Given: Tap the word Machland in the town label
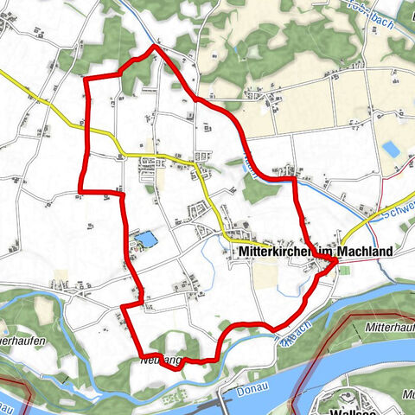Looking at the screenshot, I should [x=366, y=252].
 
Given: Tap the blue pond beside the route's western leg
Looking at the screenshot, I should [x=146, y=238].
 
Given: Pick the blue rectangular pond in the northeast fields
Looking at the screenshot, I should [x=391, y=149].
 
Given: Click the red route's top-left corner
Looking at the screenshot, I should [x=84, y=80].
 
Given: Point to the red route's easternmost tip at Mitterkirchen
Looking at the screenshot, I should [x=335, y=267].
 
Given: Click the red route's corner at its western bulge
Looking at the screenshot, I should [x=80, y=190].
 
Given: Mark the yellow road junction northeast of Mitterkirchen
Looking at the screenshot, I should [x=342, y=243].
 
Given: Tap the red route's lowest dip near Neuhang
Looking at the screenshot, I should [x=176, y=367].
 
